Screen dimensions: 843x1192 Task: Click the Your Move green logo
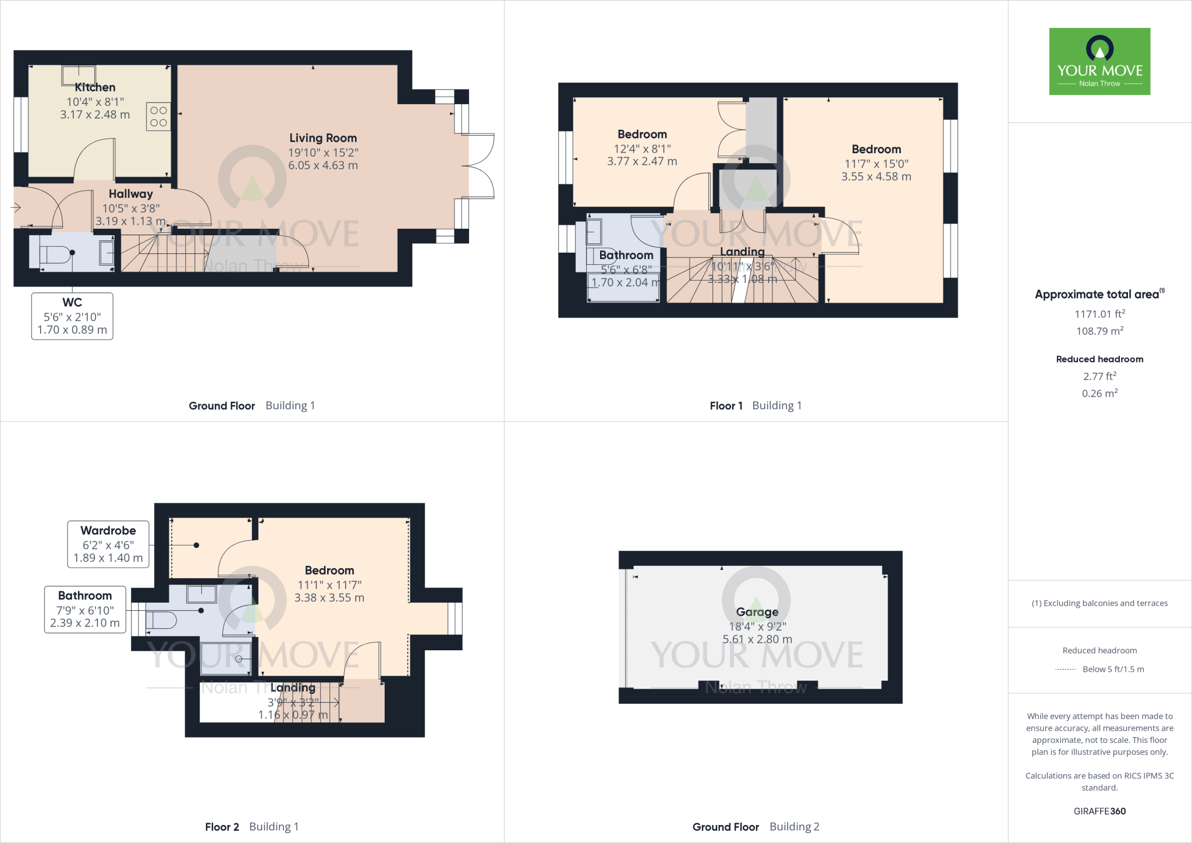tap(1099, 61)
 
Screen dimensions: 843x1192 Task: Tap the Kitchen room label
tap(95, 87)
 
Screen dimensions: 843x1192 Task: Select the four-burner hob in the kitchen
tap(158, 116)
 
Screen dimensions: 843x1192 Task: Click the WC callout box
tap(72, 316)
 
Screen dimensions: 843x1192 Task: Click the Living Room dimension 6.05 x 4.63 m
tap(323, 165)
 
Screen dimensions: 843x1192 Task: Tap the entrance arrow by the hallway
tap(16, 207)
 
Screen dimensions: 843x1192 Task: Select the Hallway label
tap(130, 194)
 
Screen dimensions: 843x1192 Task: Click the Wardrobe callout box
tap(108, 544)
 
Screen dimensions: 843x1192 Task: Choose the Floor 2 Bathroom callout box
tap(85, 610)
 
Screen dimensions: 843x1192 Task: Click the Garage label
tap(757, 612)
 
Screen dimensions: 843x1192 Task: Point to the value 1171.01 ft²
tap(1099, 314)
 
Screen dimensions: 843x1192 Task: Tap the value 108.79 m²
tap(1099, 331)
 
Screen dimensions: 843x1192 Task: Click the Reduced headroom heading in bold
tap(1099, 359)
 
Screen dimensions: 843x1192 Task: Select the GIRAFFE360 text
tap(1099, 811)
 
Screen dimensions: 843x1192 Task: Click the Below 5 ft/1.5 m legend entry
tap(1112, 670)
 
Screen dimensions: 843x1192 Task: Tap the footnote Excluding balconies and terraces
tap(1099, 603)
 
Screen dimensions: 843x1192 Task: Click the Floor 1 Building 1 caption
tap(755, 406)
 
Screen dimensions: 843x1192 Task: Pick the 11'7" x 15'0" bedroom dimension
tap(876, 164)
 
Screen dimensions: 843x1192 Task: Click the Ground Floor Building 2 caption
tap(755, 827)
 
